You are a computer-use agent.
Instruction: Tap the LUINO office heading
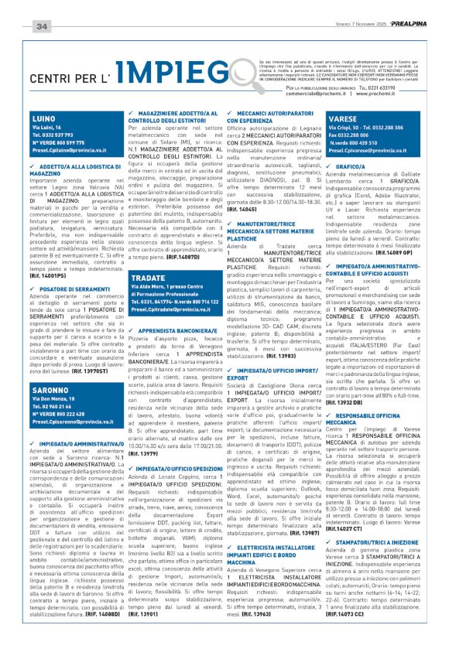(x=46, y=117)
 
